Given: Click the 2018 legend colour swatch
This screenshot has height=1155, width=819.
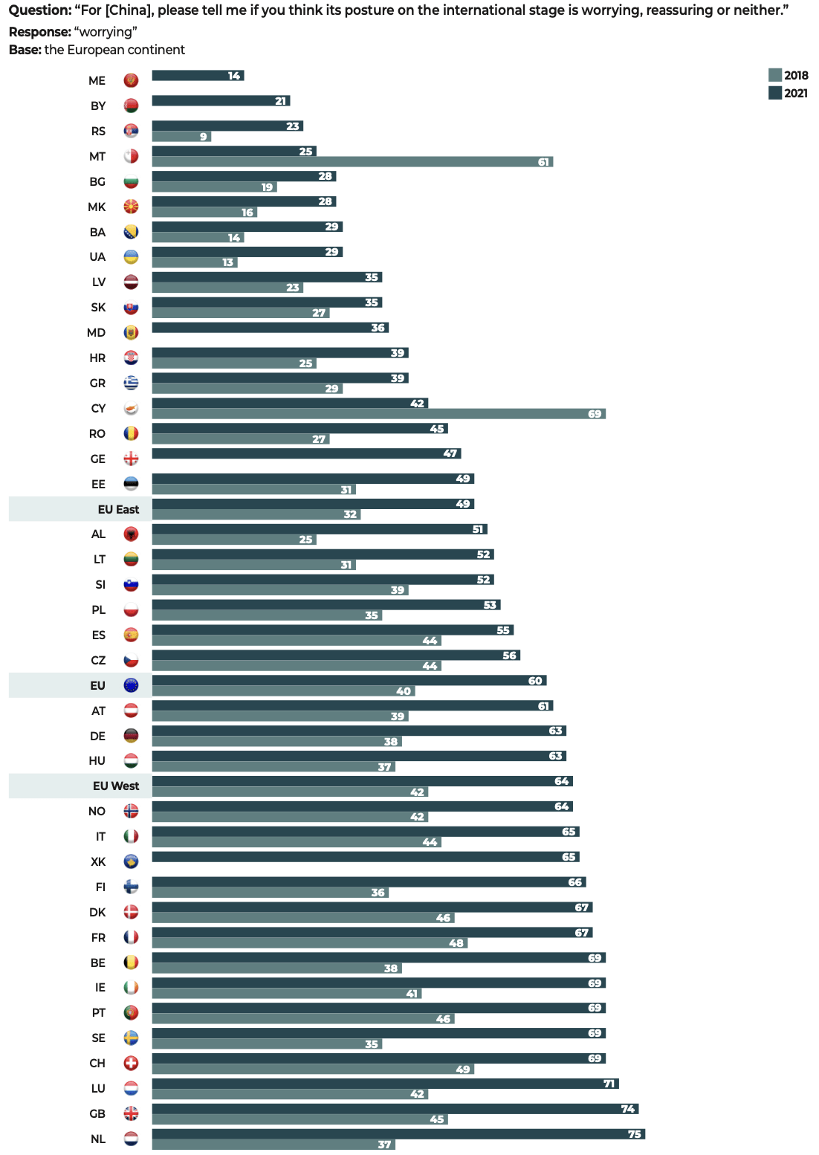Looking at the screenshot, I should click(775, 75).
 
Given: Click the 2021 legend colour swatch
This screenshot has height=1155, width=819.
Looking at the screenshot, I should click(775, 93).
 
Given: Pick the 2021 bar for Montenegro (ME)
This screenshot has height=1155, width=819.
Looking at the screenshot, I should click(198, 76).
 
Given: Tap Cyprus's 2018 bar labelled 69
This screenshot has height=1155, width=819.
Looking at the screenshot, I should click(378, 414).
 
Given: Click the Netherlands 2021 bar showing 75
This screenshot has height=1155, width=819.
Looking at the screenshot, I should click(398, 1134).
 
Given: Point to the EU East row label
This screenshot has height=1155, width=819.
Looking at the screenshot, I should click(118, 509).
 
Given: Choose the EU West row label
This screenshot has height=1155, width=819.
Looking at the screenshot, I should click(116, 786).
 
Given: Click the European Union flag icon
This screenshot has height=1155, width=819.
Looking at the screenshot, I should click(131, 685).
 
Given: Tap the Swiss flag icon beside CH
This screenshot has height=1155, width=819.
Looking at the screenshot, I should click(131, 1063).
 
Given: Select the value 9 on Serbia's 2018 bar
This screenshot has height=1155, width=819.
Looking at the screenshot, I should click(203, 137).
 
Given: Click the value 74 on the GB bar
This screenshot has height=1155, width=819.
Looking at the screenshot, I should click(628, 1109).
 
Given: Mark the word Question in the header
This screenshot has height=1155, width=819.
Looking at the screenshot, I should click(39, 10).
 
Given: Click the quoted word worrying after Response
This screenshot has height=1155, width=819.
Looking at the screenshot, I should click(106, 32).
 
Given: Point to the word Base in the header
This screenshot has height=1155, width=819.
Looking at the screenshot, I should click(25, 50).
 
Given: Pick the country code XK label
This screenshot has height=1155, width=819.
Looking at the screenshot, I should click(98, 861).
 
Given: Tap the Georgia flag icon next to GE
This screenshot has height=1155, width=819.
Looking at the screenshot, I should click(131, 459).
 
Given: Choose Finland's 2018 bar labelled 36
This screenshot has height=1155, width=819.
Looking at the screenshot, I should click(271, 893).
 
